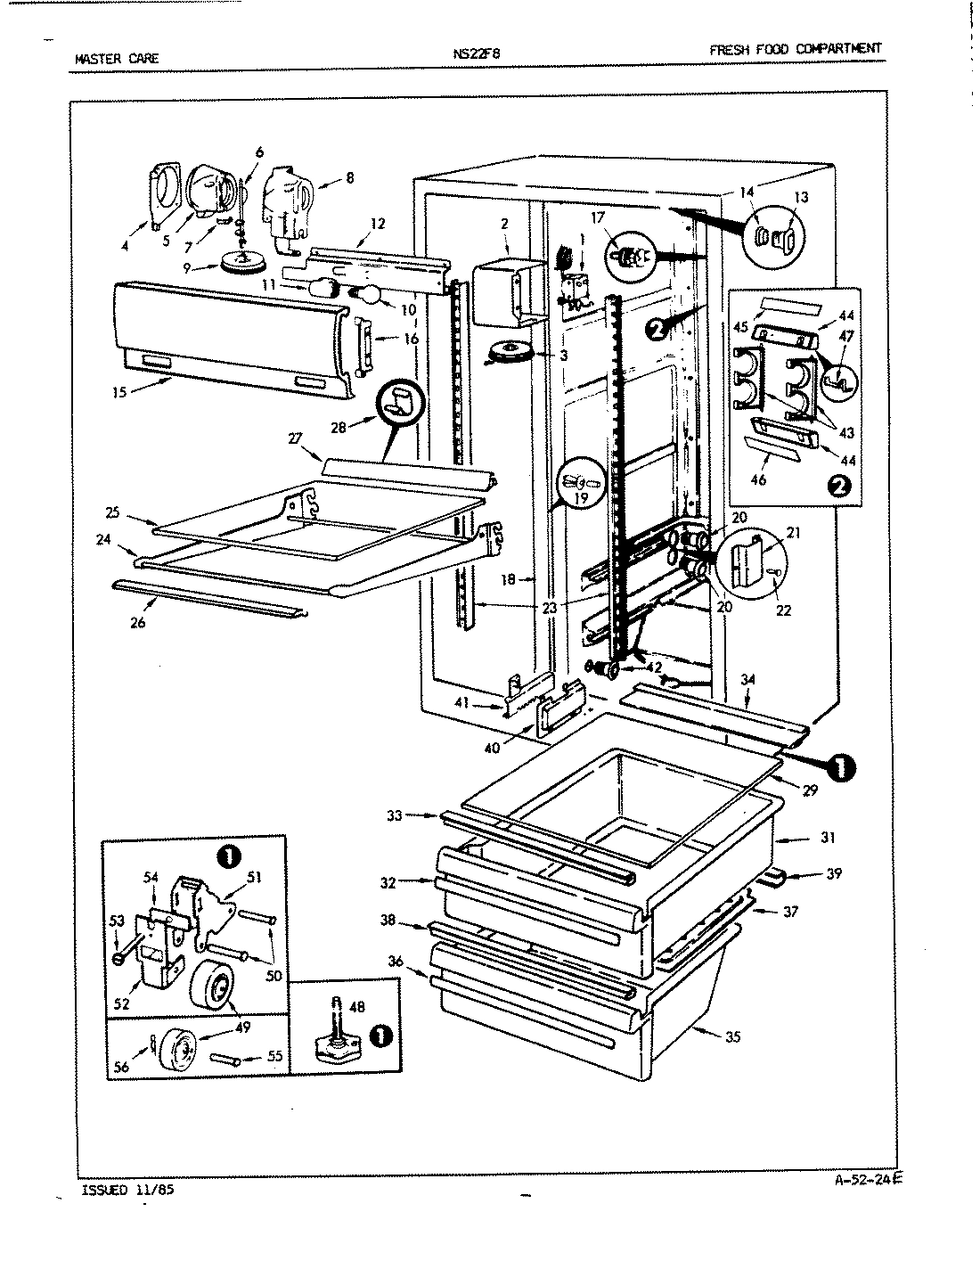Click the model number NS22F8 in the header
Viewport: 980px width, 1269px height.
point(477,53)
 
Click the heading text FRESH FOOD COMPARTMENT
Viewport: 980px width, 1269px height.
point(795,49)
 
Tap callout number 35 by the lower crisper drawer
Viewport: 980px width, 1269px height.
point(732,1037)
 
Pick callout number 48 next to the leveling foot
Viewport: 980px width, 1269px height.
point(356,1007)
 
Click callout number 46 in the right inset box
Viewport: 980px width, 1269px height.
point(758,480)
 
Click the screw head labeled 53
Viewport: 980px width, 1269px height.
point(118,958)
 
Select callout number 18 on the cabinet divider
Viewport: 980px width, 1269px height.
point(509,579)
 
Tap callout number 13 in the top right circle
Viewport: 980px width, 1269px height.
point(800,197)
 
